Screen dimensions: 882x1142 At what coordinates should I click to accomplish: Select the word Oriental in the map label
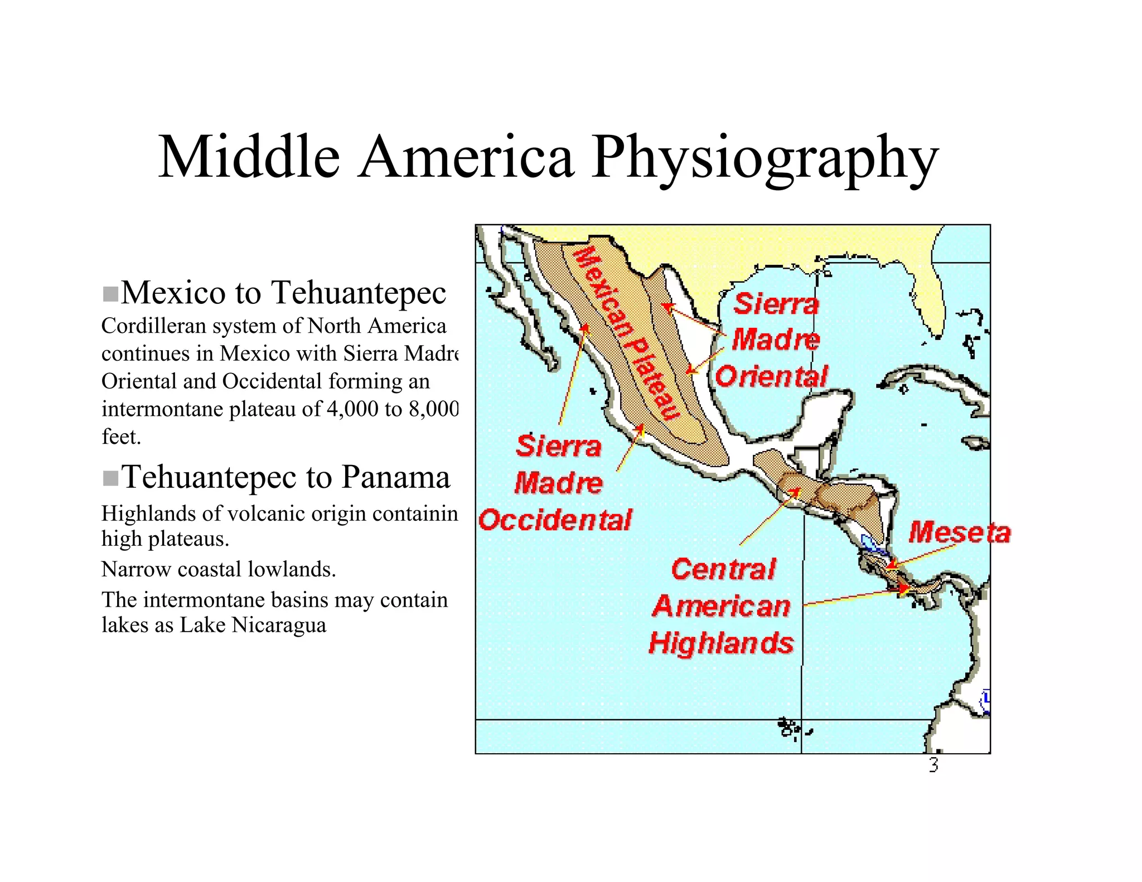(x=771, y=376)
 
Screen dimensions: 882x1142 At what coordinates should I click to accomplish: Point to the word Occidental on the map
(x=555, y=520)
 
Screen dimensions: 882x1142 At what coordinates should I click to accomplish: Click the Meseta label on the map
(x=959, y=532)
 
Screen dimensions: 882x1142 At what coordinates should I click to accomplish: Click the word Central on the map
(x=723, y=569)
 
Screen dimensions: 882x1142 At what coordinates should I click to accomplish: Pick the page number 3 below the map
(x=933, y=765)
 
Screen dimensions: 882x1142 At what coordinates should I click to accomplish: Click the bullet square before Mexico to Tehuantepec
(x=110, y=294)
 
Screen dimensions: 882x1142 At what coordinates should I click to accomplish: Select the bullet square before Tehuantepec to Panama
(x=110, y=478)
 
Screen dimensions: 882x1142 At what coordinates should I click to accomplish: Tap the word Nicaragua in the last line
(x=280, y=625)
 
